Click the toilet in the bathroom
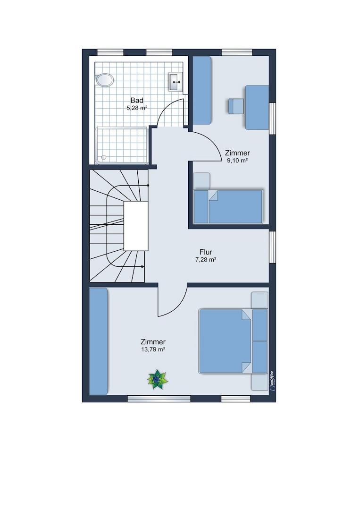click(105, 80)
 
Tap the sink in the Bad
click(176, 82)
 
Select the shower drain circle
click(104, 157)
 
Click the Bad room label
click(137, 100)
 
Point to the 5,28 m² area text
click(137, 108)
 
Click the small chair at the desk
click(235, 106)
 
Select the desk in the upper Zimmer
click(257, 107)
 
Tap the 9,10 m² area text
click(237, 161)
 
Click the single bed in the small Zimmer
click(228, 206)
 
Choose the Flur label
click(206, 252)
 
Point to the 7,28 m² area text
click(206, 260)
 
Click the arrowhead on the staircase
click(143, 267)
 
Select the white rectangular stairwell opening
click(136, 226)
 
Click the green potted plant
click(158, 380)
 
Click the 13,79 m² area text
click(153, 349)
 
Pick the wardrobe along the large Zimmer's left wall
click(99, 341)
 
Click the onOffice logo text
click(272, 381)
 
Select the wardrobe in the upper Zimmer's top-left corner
click(202, 90)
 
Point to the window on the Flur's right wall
click(273, 247)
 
